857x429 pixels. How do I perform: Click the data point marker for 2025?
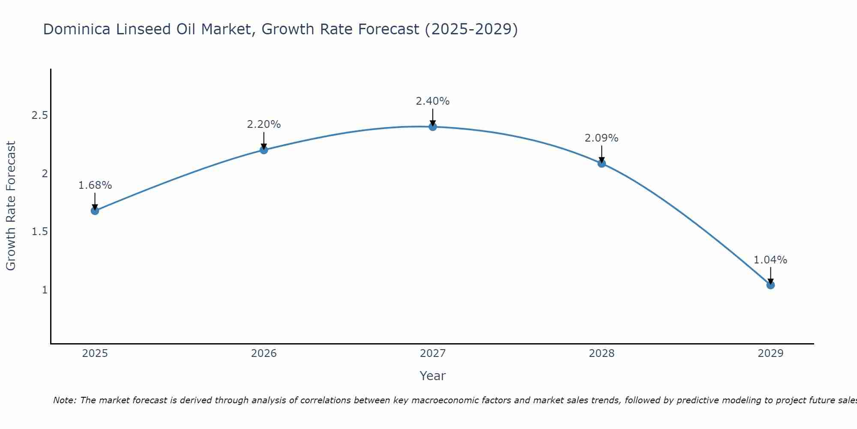tap(95, 211)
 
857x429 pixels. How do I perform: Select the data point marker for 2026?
tap(264, 150)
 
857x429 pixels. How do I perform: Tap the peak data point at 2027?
tap(433, 127)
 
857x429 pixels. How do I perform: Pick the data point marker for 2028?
tap(602, 163)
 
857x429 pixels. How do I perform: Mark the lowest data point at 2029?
tap(770, 285)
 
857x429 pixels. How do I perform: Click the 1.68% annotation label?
tap(95, 185)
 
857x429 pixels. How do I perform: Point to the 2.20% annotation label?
tap(264, 124)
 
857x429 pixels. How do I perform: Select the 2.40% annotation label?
tap(433, 101)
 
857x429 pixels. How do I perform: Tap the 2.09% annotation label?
tap(602, 138)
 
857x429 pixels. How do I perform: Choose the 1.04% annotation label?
tap(770, 260)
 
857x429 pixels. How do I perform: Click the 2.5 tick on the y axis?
tap(39, 115)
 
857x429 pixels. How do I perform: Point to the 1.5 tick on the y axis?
tap(39, 232)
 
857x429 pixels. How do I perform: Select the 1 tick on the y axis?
tap(45, 290)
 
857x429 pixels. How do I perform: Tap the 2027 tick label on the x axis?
tap(433, 353)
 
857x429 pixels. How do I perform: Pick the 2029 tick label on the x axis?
tap(770, 353)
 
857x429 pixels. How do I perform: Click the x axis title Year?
tap(433, 376)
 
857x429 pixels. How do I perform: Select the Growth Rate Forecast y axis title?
tap(11, 206)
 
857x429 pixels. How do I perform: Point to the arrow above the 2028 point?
tap(602, 154)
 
